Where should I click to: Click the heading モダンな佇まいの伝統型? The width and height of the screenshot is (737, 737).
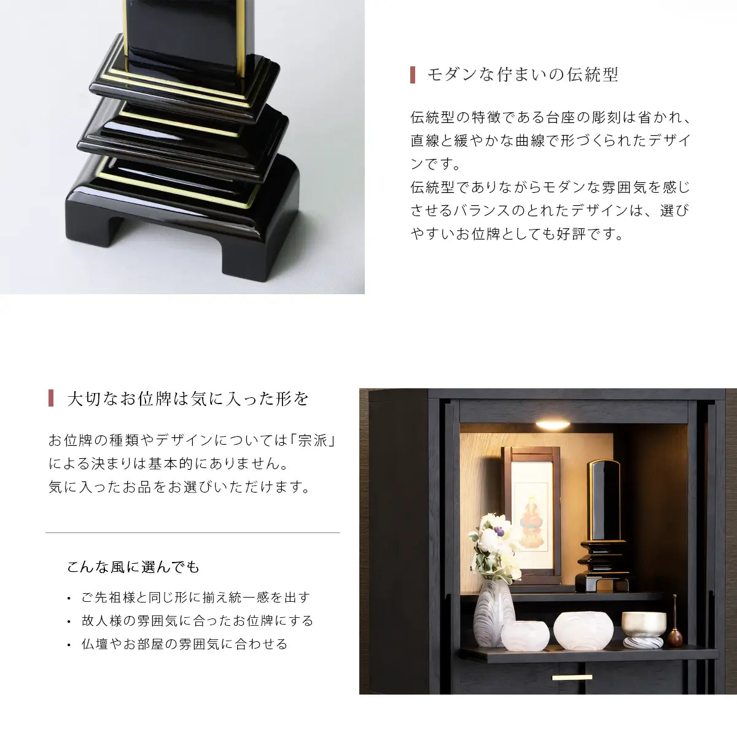[x=523, y=74]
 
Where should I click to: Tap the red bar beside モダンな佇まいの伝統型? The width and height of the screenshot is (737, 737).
[x=413, y=75]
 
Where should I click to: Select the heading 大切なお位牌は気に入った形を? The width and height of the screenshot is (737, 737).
[x=188, y=399]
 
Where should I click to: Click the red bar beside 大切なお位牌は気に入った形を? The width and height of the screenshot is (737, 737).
[x=51, y=398]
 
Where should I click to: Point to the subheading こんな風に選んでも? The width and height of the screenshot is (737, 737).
[x=133, y=566]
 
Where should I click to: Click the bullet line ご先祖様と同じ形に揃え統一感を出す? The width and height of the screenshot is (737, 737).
[x=196, y=597]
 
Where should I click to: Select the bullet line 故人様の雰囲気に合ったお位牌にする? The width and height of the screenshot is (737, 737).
[x=197, y=620]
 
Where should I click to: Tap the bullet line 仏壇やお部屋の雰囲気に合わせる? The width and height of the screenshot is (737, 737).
[x=184, y=644]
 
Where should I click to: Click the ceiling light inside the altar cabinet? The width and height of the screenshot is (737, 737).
[x=553, y=424]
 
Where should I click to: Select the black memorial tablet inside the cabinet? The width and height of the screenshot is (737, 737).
[x=602, y=525]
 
